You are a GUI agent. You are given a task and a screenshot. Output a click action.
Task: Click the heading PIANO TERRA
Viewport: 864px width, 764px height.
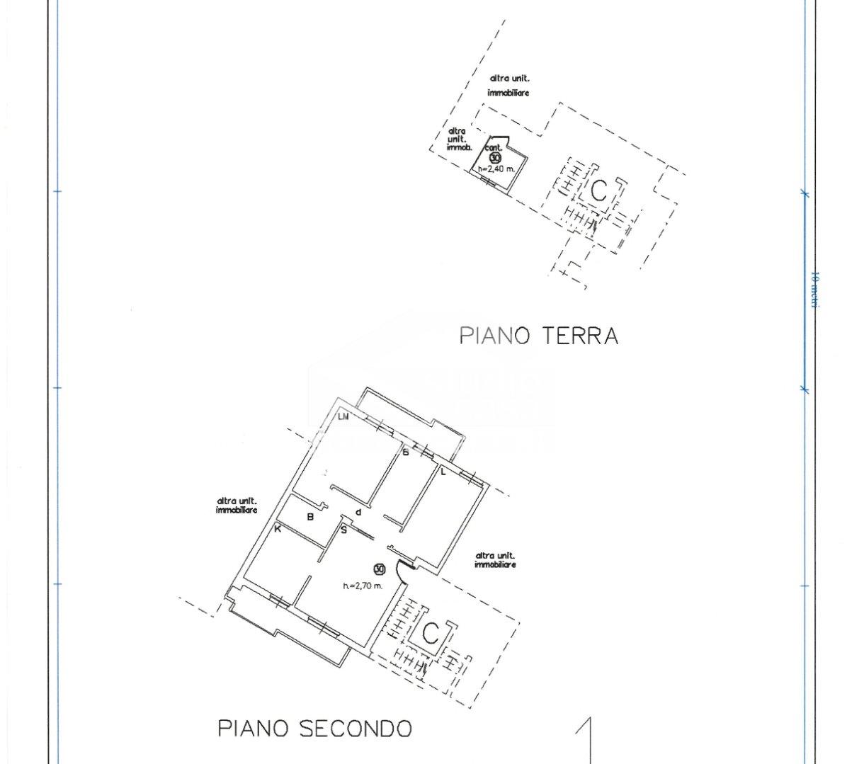pyautogui.click(x=539, y=335)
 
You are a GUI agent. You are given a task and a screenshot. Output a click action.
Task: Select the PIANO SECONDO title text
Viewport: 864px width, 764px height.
pyautogui.click(x=314, y=728)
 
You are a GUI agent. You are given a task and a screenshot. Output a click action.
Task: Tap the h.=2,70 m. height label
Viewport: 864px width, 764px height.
pyautogui.click(x=363, y=586)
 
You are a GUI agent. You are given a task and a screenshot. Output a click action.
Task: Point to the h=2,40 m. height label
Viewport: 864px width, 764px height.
pyautogui.click(x=496, y=169)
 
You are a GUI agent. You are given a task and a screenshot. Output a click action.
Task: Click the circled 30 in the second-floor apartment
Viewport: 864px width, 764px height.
pyautogui.click(x=379, y=569)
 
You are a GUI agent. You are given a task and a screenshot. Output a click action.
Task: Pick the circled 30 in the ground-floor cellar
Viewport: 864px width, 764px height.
pyautogui.click(x=495, y=158)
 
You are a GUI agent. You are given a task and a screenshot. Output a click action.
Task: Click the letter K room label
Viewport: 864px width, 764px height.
pyautogui.click(x=278, y=528)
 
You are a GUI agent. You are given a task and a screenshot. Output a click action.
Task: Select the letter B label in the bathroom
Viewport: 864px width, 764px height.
pyautogui.click(x=310, y=517)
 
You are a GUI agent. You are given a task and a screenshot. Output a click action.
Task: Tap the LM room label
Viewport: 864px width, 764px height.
pyautogui.click(x=344, y=417)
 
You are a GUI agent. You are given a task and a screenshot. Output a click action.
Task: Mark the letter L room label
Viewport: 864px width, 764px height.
pyautogui.click(x=443, y=472)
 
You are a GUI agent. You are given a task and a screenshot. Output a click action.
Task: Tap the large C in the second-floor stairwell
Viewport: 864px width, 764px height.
pyautogui.click(x=431, y=634)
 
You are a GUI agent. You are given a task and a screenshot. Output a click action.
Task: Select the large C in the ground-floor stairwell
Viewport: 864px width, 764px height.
pyautogui.click(x=599, y=190)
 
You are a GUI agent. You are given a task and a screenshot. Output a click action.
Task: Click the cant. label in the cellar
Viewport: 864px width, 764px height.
pyautogui.click(x=494, y=147)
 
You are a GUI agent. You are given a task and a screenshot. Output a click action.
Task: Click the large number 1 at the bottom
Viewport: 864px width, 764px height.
pyautogui.click(x=586, y=740)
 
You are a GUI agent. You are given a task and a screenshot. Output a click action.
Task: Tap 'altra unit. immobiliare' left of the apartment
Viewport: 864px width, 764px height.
pyautogui.click(x=237, y=506)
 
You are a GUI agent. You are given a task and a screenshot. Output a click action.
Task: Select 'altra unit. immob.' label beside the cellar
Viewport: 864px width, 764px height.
pyautogui.click(x=459, y=139)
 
